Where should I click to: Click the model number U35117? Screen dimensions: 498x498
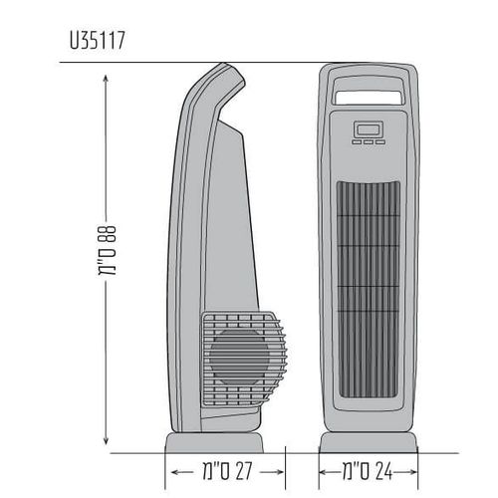(97, 41)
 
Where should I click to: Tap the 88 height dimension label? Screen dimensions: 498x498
(107, 251)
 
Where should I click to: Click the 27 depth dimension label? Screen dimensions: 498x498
(228, 471)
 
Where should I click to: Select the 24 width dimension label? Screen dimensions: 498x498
(368, 471)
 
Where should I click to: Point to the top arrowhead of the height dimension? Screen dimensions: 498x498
(106, 79)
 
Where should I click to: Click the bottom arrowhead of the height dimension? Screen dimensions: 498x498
(106, 440)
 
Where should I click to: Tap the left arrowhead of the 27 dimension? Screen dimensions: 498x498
(176, 472)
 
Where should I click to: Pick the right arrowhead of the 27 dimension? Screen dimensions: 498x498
(279, 472)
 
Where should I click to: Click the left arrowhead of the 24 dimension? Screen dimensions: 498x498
(324, 472)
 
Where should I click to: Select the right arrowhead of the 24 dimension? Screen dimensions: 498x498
(412, 472)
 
